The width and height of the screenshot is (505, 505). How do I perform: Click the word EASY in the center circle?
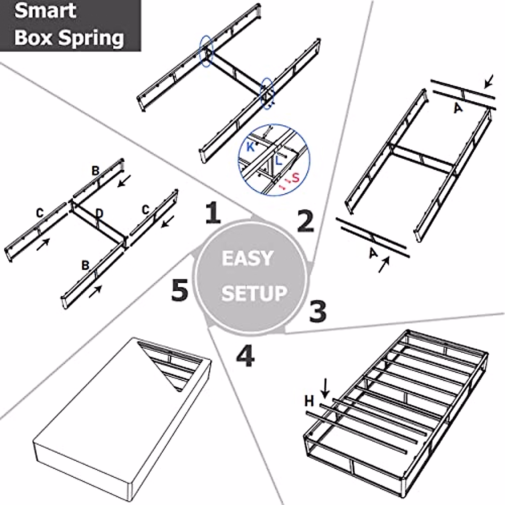pyautogui.click(x=247, y=258)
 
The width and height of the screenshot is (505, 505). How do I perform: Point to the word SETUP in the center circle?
pyautogui.click(x=254, y=293)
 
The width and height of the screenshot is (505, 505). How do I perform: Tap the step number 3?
pyautogui.click(x=318, y=311)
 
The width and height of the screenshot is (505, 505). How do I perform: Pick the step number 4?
pyautogui.click(x=245, y=356)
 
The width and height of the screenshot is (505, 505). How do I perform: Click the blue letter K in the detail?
pyautogui.click(x=250, y=147)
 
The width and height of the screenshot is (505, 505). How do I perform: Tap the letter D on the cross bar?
pyautogui.click(x=99, y=214)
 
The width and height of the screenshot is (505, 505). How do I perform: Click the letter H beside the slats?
pyautogui.click(x=309, y=401)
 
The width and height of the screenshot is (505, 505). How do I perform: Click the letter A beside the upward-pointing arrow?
pyautogui.click(x=373, y=254)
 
